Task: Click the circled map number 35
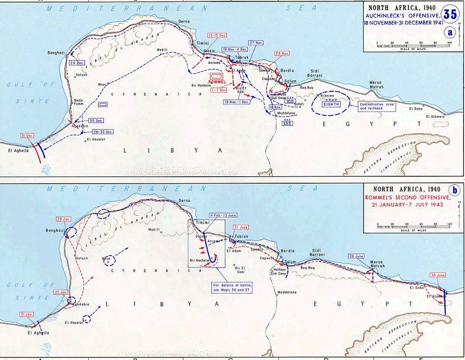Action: click(x=450, y=14)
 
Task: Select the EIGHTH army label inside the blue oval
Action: click(x=330, y=104)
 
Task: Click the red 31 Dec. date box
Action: click(x=28, y=135)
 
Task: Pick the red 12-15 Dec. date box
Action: click(x=216, y=36)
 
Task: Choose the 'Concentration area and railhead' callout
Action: click(x=377, y=106)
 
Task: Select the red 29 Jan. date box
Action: click(x=64, y=219)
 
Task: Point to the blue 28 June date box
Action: click(x=356, y=256)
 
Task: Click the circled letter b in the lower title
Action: click(x=453, y=190)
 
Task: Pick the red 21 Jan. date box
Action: click(x=26, y=314)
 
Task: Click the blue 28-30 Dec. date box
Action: click(x=103, y=132)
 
